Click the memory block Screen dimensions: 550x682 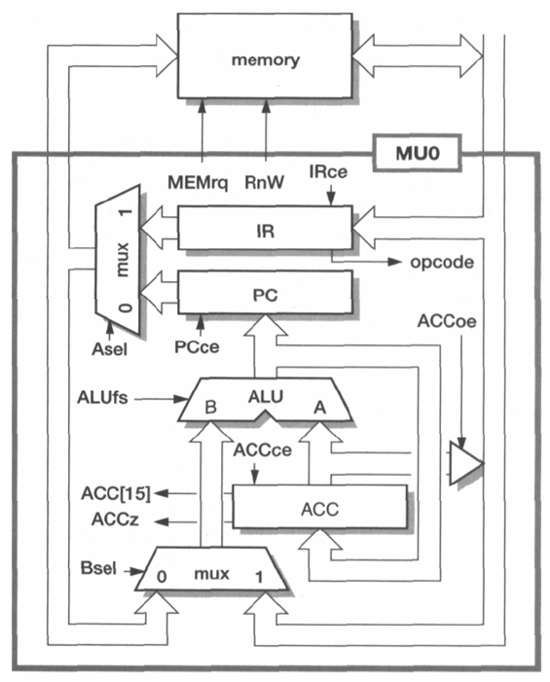[x=265, y=56]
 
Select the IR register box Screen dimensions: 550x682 [x=265, y=228]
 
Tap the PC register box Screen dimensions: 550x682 [x=265, y=292]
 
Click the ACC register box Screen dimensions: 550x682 [x=320, y=506]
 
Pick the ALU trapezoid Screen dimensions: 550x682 [x=265, y=399]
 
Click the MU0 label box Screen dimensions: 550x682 [x=417, y=153]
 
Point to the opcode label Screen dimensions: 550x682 [x=442, y=263]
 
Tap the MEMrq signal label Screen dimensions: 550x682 [x=198, y=183]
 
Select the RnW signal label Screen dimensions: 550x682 [x=264, y=182]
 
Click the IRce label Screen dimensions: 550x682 [x=328, y=171]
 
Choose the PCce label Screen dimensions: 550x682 [x=197, y=346]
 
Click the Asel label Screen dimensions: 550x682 [x=109, y=349]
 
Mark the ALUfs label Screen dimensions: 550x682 [x=102, y=397]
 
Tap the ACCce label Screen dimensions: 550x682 [x=263, y=449]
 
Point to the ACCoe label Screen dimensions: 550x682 [x=447, y=321]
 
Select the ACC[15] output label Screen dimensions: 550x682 [x=116, y=493]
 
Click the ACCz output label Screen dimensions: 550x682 [x=115, y=519]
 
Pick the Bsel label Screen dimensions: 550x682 [x=98, y=568]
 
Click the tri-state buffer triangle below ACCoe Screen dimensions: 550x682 [x=464, y=463]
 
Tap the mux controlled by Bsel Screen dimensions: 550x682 [x=211, y=569]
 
